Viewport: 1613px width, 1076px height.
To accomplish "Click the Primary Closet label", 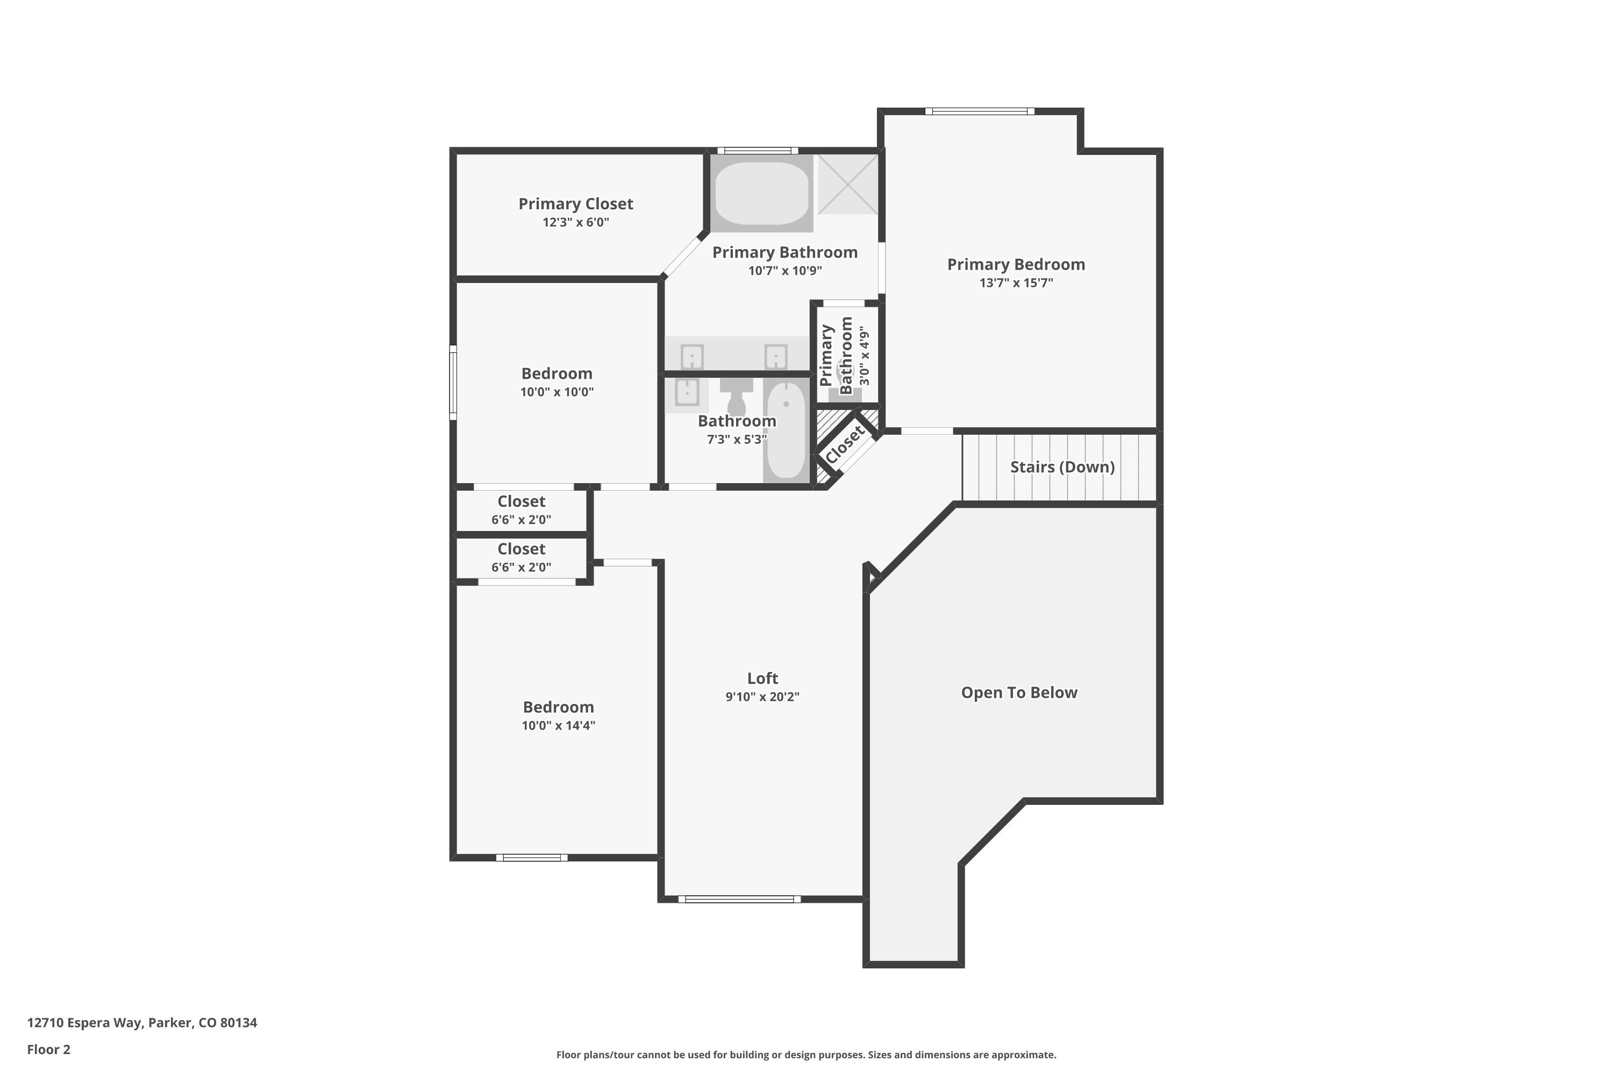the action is [x=575, y=204].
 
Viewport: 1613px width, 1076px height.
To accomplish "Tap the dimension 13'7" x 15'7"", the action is [x=1016, y=283].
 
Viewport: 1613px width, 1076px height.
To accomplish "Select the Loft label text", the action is [x=762, y=678].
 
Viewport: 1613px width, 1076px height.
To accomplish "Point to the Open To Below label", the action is [x=1019, y=692].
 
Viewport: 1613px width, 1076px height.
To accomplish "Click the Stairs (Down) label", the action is [x=1062, y=466].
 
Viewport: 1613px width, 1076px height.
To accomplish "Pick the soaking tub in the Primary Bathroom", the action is [x=761, y=193].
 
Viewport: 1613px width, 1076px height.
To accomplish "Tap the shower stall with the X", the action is [x=848, y=184].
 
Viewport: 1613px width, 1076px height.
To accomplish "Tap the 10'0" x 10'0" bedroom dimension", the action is [x=557, y=392].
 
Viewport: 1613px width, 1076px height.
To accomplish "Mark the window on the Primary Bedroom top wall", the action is [x=979, y=111].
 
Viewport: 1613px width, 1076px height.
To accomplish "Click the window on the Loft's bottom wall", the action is [x=739, y=899].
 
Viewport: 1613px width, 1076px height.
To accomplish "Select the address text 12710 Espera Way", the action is [x=84, y=1023].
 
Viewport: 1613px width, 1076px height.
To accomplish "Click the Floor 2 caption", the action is [x=49, y=1049].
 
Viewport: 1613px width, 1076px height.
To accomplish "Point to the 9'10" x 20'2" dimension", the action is [x=762, y=697].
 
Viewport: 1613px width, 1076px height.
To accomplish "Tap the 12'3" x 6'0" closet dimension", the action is [x=575, y=222].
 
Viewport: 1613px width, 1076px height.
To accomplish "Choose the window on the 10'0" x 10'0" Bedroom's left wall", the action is [x=453, y=382].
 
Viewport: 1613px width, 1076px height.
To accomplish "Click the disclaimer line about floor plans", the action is [x=806, y=1054].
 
